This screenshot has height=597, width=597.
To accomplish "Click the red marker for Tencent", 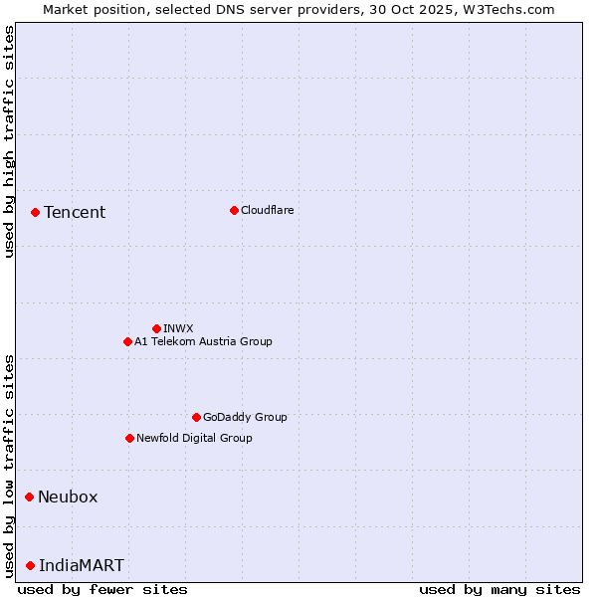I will coord(35,212).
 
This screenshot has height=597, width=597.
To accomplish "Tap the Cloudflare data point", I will coord(234,210).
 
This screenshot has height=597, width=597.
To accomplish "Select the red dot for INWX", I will coord(156,328).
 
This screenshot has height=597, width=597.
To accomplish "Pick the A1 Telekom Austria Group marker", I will coord(127,341).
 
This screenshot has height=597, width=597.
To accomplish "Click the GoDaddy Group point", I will coord(196,417).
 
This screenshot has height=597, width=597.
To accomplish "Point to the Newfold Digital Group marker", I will coord(129,438).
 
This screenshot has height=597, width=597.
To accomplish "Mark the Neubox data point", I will coord(29,497).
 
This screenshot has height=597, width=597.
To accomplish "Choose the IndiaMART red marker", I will coord(30,565).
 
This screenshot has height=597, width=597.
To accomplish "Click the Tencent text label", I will coord(75,212).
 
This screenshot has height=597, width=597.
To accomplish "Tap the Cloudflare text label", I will coord(268,210).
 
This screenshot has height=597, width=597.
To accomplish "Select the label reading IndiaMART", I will coord(82,565).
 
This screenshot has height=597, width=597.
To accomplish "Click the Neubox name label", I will coord(68,497).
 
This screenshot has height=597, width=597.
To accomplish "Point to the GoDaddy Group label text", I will coord(245,417).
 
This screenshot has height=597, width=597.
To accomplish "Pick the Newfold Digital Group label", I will coord(194,438).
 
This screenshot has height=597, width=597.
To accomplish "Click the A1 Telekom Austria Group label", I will coord(203,341).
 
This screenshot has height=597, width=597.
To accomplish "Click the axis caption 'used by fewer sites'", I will coord(102,589).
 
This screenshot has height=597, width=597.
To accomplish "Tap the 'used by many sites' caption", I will coord(499,589).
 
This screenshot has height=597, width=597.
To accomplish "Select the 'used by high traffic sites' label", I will coord(9,141).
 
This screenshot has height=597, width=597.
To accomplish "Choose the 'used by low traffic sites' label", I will coord(9,465).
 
